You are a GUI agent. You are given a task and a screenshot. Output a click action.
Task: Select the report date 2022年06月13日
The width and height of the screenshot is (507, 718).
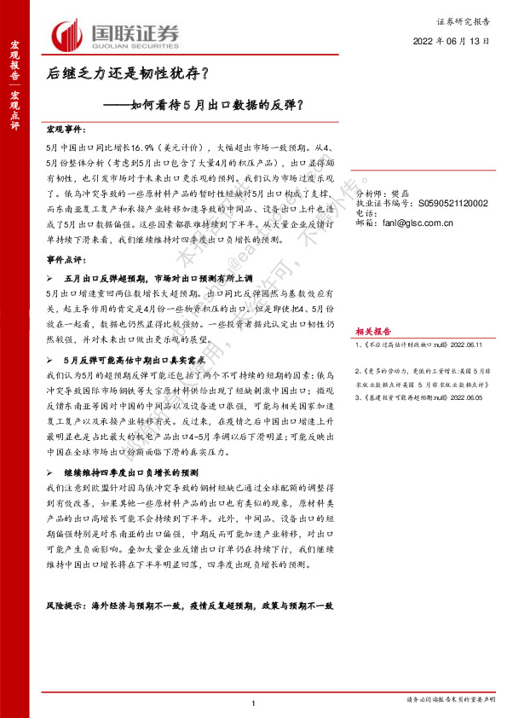point(452,41)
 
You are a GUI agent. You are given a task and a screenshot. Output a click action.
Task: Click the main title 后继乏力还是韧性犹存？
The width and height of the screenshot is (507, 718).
point(128,75)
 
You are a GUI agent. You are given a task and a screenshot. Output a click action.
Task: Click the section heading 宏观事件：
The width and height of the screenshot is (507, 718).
point(66,129)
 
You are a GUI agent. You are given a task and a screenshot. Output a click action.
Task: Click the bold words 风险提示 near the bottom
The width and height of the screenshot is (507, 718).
point(66,605)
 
